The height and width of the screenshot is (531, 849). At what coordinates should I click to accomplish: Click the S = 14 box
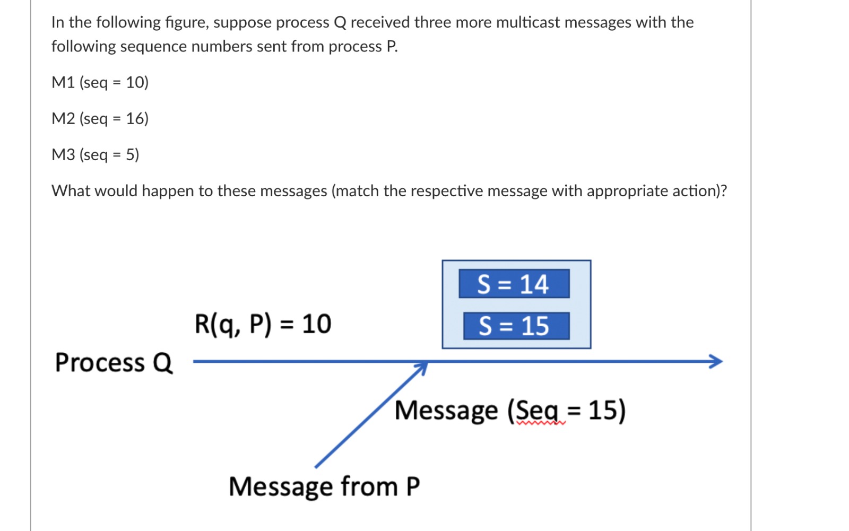(x=514, y=284)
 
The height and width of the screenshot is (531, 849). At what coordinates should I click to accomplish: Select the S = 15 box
(x=516, y=326)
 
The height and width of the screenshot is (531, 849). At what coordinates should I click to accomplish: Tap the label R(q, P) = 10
(x=263, y=324)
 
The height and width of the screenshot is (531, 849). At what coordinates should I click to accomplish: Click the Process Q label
(x=114, y=363)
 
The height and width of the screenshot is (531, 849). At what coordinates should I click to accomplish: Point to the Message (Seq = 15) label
(x=509, y=411)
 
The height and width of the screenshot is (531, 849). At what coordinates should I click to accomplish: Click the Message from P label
(x=324, y=486)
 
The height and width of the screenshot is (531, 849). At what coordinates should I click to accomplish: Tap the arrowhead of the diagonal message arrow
(x=422, y=367)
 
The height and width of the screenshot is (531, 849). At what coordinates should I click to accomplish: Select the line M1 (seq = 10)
(x=100, y=82)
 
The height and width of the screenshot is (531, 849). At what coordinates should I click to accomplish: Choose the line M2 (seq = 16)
(x=100, y=118)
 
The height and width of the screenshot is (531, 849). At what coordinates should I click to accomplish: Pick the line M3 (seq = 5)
(x=95, y=154)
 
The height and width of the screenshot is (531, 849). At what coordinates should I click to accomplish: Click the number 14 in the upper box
(x=533, y=284)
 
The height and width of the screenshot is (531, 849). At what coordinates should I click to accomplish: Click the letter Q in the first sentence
(x=340, y=22)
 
